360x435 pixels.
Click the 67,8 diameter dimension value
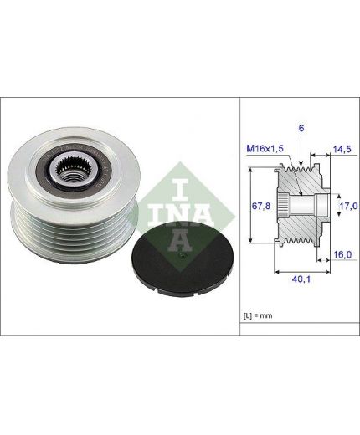click(261, 206)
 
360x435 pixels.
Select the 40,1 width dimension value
click(301, 279)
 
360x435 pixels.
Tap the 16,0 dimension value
click(342, 254)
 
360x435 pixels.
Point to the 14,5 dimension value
click(342, 149)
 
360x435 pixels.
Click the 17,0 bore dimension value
click(348, 206)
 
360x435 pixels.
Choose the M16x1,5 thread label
click(265, 148)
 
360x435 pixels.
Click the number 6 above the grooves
click(301, 128)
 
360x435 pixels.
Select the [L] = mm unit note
click(258, 315)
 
